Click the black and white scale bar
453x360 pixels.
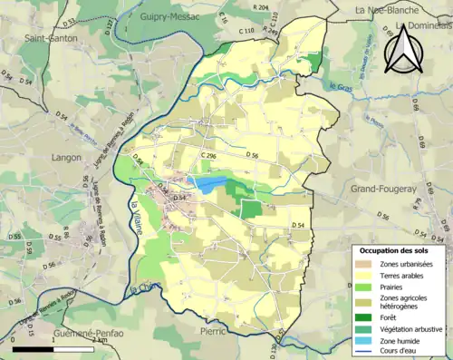tap(53, 348)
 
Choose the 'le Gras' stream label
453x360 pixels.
tap(340, 88)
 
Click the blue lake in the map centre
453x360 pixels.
tap(209, 185)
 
